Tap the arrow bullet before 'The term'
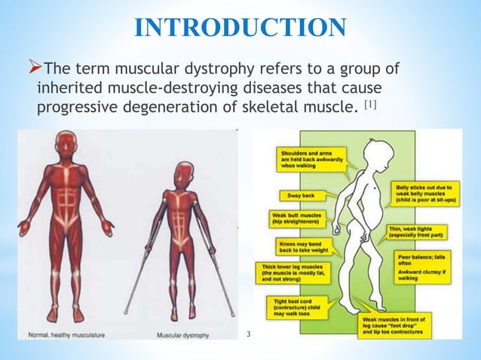tap(40, 69)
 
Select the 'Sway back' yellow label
tap(301, 195)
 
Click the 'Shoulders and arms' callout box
tap(308, 159)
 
